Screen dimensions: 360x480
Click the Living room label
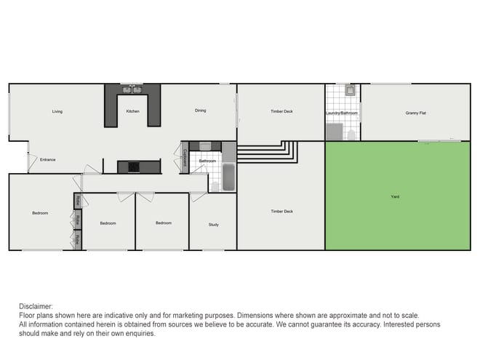(x=57, y=111)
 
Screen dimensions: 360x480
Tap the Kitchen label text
(x=132, y=111)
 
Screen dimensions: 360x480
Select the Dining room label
(x=200, y=111)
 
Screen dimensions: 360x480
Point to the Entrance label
(x=48, y=159)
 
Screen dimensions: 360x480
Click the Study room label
(x=213, y=225)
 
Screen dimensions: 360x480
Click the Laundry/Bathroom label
(x=342, y=113)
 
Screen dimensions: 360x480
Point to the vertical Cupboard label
(x=185, y=159)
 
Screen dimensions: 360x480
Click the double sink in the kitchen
(x=132, y=90)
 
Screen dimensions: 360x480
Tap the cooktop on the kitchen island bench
(x=134, y=167)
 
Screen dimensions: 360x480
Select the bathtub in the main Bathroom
(x=228, y=177)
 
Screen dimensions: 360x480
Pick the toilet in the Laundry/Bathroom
(x=351, y=134)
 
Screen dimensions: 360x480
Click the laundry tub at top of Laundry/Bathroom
(x=350, y=91)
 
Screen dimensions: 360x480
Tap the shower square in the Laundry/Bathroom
(x=334, y=132)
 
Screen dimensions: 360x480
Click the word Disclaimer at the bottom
(x=36, y=306)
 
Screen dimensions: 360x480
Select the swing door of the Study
(x=197, y=196)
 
